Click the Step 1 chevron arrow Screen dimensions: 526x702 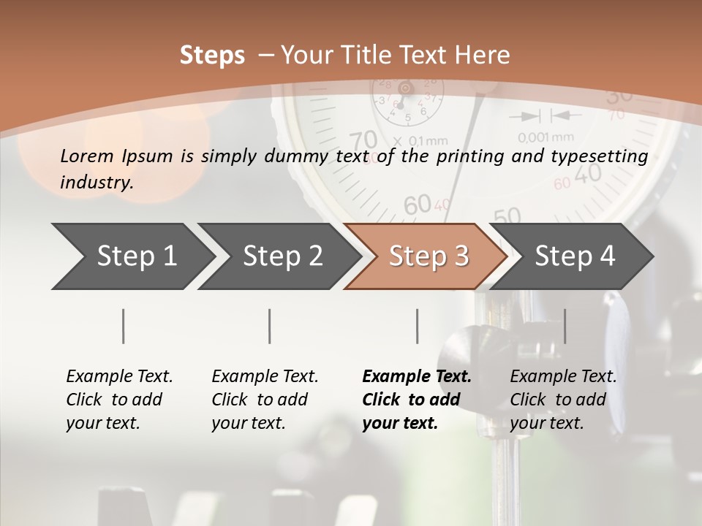point(132,256)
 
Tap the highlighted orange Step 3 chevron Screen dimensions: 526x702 point(426,256)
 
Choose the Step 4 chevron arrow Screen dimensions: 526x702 point(573,256)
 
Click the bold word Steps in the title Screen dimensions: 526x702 point(212,56)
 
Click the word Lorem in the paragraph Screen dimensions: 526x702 point(86,156)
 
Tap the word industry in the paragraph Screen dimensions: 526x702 point(97,182)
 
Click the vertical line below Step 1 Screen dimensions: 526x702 point(124,326)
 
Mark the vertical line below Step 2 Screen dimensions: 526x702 point(270,326)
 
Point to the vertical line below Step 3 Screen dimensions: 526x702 point(418,326)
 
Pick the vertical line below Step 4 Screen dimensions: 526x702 point(565,326)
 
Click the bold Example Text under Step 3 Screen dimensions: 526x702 point(417,377)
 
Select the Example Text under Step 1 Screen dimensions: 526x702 point(119,377)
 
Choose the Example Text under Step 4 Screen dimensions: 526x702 point(563,377)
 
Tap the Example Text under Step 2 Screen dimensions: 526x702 point(265,377)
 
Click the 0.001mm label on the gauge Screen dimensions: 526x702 point(546,137)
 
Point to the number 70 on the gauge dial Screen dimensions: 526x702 point(363,140)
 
